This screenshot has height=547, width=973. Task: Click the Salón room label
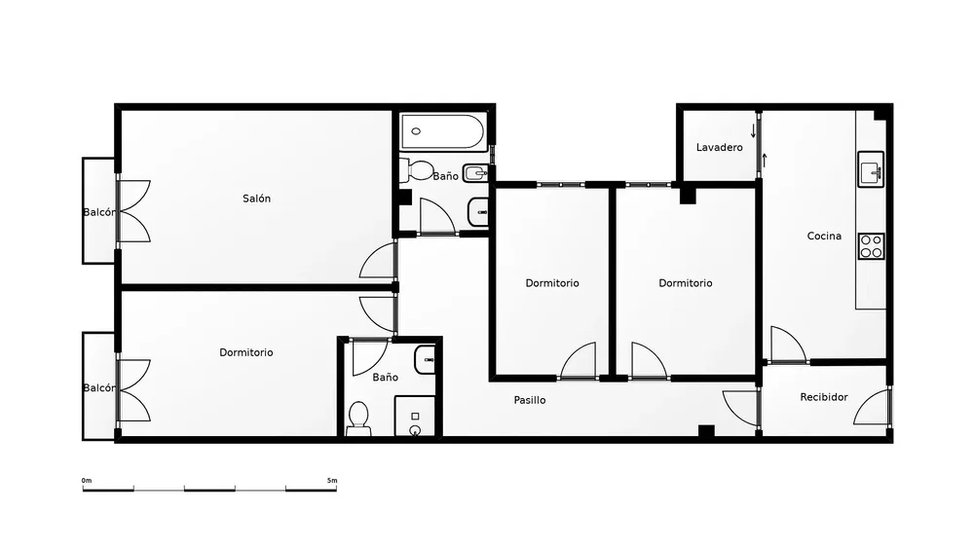point(256,199)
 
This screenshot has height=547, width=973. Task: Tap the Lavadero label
point(719,148)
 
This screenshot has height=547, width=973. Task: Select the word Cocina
point(824,236)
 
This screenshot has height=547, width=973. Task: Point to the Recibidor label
point(823,397)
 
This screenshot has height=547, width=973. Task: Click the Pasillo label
point(529,400)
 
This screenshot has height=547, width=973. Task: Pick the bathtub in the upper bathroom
point(442,131)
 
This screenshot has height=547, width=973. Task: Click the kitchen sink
point(872,168)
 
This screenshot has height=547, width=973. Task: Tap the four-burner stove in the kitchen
point(872,246)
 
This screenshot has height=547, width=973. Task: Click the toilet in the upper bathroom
point(417,170)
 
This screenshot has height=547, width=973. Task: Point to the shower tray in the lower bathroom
point(415,416)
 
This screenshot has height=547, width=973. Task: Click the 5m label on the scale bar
point(332,481)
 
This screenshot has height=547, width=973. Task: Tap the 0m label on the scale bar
point(87,481)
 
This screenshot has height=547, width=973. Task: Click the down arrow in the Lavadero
point(753,130)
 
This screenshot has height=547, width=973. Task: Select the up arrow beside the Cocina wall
point(765,160)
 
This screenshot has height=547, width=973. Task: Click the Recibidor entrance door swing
point(872,406)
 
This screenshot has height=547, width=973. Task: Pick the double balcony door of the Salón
point(133,211)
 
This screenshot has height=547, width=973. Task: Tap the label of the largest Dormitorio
point(245,352)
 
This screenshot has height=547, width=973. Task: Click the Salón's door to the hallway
point(377,260)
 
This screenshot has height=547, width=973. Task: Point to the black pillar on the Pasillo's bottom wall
point(706,431)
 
